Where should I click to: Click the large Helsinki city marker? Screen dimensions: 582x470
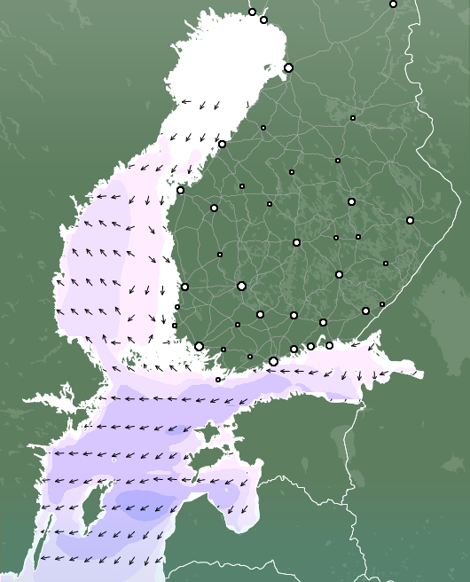(273, 361)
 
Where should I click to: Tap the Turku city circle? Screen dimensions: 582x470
(199, 346)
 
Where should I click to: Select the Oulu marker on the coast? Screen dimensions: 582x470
(288, 67)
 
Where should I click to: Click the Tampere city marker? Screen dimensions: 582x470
(241, 286)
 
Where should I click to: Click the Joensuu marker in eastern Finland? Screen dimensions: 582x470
(410, 220)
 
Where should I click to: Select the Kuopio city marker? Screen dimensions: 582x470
(351, 201)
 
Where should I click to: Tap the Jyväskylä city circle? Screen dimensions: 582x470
(296, 242)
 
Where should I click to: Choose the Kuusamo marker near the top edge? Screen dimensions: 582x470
(393, 4)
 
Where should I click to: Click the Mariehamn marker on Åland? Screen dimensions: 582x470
(218, 380)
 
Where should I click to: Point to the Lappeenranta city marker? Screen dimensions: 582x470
(365, 311)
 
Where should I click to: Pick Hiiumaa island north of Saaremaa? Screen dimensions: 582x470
(208, 432)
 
